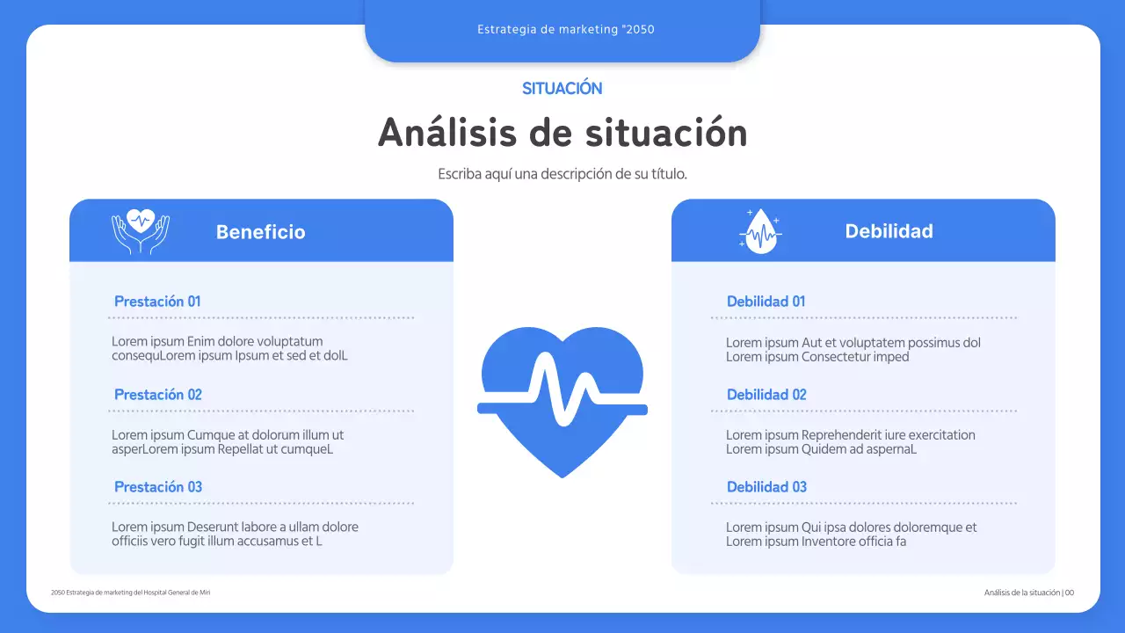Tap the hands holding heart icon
point(141,231)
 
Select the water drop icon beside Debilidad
point(760,232)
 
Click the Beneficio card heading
point(260,232)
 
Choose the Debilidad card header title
point(889,231)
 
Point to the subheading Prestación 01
point(157,302)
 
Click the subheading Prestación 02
point(158,395)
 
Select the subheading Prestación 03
point(158,487)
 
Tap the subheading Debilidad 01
point(766,302)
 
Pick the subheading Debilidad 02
point(766,395)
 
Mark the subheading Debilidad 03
point(766,487)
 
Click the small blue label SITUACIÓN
point(562,89)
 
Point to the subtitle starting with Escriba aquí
point(562,174)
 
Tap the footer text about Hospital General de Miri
point(131,593)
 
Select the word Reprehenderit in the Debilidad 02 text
point(843,435)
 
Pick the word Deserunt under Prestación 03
point(218,527)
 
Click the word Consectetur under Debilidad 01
point(835,357)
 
